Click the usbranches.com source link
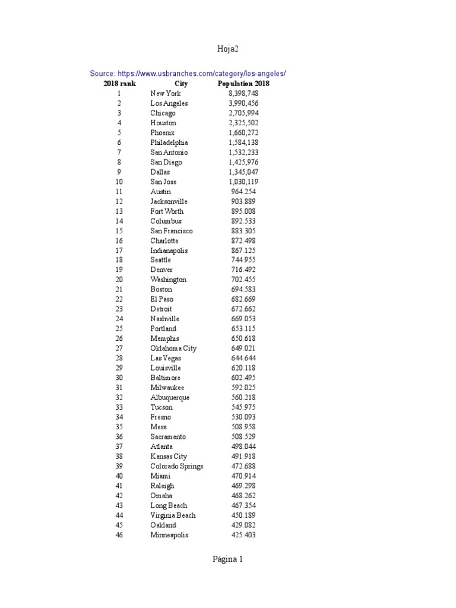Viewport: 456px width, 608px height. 188,74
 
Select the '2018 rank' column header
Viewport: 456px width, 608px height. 119,84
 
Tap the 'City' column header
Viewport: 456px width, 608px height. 181,84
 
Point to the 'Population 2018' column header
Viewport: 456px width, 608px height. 243,84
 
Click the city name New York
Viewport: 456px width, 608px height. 166,93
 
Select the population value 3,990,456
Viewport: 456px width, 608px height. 243,103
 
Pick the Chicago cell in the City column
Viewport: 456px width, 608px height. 163,113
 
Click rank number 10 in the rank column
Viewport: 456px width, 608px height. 119,182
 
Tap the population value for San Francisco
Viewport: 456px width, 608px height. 243,231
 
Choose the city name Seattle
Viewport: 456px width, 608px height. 160,260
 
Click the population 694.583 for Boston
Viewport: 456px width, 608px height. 243,289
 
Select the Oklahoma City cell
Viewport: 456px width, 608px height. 173,349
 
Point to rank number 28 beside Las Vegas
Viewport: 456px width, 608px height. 119,358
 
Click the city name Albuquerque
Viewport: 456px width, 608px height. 170,397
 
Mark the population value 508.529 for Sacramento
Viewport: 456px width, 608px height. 243,436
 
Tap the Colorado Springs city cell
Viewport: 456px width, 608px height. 177,466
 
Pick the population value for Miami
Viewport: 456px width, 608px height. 243,476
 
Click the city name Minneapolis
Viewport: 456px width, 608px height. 169,535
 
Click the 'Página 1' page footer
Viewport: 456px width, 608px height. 228,559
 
